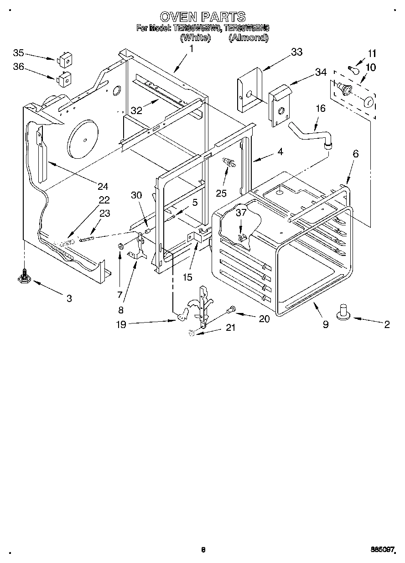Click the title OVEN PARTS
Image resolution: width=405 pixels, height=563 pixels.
[203, 17]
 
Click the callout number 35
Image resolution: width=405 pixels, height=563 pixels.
[19, 52]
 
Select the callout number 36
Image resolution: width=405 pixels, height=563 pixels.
[19, 68]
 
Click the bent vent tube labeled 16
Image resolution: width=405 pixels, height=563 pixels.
[310, 135]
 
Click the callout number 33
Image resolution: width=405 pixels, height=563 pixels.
[296, 52]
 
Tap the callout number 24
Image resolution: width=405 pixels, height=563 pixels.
[103, 186]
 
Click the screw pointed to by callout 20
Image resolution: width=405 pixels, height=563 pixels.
[231, 310]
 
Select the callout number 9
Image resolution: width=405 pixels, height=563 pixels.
[325, 324]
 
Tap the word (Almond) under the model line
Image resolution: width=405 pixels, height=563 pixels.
[248, 38]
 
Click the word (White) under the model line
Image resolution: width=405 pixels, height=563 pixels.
[195, 38]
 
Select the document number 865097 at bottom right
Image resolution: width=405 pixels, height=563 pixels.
[382, 550]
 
